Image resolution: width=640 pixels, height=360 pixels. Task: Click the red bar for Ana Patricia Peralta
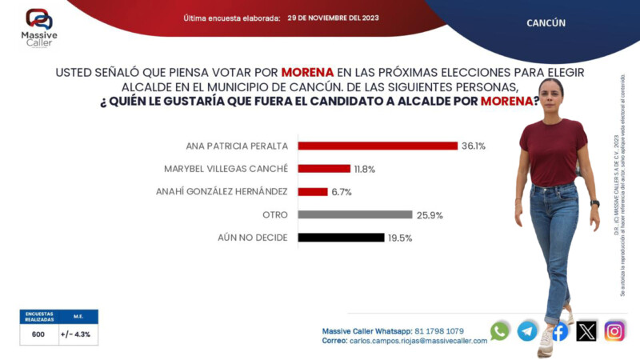(377, 146)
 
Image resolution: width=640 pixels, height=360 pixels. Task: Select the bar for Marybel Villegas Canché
(324, 169)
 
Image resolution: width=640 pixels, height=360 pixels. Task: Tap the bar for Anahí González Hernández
(313, 191)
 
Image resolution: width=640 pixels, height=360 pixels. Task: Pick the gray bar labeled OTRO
(354, 214)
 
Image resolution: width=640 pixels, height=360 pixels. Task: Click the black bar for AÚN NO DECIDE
(341, 238)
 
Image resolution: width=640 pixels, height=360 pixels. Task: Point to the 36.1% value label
(473, 146)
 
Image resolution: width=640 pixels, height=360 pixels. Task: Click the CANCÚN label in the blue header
(546, 23)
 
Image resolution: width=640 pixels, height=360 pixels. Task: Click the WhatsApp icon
(500, 330)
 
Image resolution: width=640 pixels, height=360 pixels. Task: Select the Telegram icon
(527, 330)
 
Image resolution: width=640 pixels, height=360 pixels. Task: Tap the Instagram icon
(614, 330)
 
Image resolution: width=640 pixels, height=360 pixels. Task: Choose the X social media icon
(586, 330)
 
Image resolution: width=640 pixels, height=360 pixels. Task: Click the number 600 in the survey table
(38, 335)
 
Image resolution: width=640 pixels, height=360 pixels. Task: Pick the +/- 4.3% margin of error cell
(78, 335)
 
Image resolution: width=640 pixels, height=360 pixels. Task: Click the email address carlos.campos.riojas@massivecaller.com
(418, 341)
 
